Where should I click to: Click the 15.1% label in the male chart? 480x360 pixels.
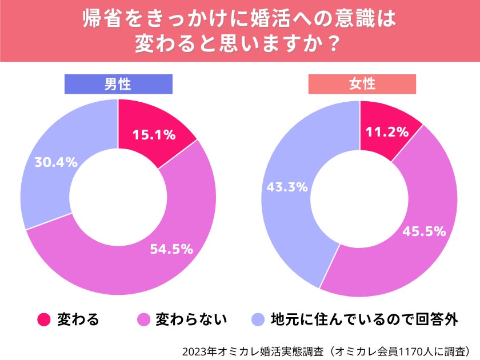[x=154, y=135]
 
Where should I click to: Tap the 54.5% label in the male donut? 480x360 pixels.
[x=171, y=249]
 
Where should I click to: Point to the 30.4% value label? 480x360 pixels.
[x=55, y=162]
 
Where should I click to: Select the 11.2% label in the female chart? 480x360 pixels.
[x=387, y=132]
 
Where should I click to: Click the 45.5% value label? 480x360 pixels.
[x=424, y=231]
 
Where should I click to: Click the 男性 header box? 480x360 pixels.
[x=118, y=84]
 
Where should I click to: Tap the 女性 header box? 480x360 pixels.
[x=362, y=84]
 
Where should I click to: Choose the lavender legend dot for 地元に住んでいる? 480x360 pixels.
[x=258, y=319]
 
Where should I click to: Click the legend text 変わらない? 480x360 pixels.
[x=191, y=319]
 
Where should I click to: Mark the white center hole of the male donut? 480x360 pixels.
[x=118, y=197]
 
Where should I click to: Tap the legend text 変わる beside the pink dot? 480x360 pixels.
[x=78, y=319]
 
